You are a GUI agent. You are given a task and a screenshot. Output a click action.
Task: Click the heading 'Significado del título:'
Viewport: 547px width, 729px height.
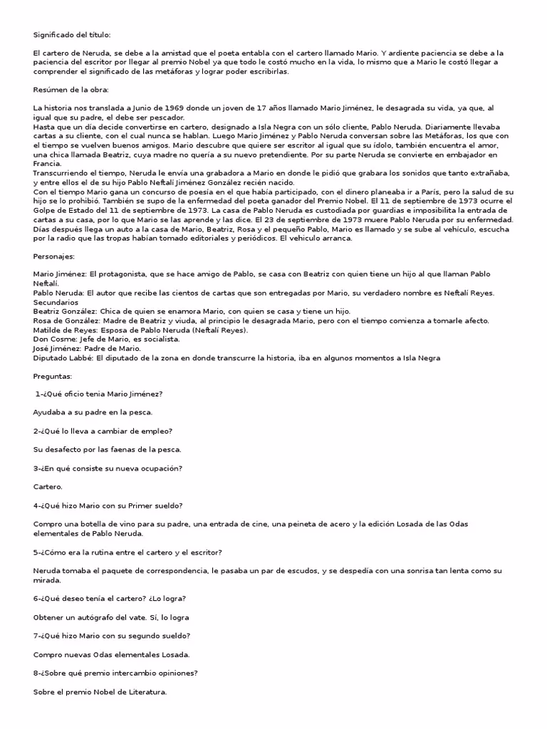[x=72, y=34]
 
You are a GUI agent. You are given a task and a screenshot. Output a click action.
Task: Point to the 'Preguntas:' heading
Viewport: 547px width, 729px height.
[x=53, y=375]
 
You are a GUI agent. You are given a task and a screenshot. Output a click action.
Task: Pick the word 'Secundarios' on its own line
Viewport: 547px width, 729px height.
[x=57, y=302]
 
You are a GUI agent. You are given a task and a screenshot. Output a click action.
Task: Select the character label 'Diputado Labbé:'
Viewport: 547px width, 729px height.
[x=63, y=357]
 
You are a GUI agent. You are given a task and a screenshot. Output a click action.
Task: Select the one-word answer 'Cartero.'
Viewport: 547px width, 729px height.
[x=48, y=487]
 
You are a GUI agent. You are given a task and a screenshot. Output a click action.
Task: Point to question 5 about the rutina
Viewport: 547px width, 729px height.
[x=127, y=552]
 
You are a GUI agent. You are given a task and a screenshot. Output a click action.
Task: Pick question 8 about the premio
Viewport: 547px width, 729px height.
[x=115, y=673]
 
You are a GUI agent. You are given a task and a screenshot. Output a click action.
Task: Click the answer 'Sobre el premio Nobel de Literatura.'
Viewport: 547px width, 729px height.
[x=100, y=691]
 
